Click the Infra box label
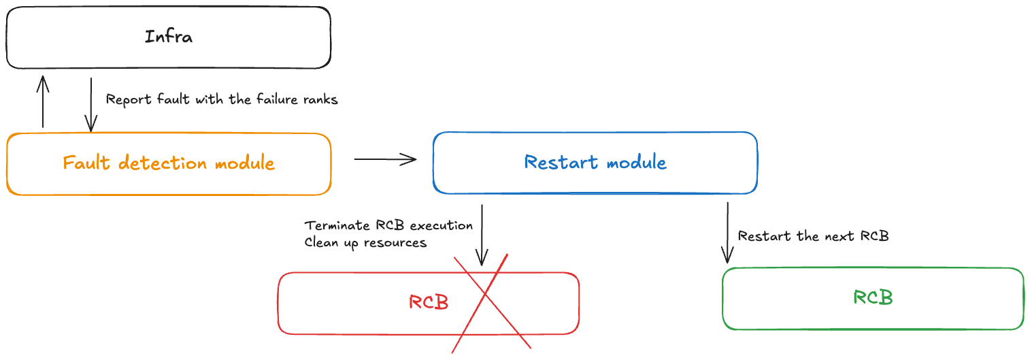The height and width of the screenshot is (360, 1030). tap(169, 37)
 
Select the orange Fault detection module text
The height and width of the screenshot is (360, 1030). tap(169, 163)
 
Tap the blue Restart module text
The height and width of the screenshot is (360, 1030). tap(595, 162)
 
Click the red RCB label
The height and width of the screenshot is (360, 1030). tap(429, 302)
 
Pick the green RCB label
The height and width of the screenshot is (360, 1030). tap(873, 297)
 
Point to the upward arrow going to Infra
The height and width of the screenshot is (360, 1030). tap(43, 101)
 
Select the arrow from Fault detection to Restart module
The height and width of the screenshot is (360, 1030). tap(385, 159)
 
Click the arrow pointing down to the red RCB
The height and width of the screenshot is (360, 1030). tap(482, 235)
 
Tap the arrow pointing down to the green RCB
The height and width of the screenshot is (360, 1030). tap(727, 232)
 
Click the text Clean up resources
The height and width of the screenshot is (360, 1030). tap(365, 242)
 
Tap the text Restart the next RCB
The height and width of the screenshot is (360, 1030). tap(813, 236)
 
